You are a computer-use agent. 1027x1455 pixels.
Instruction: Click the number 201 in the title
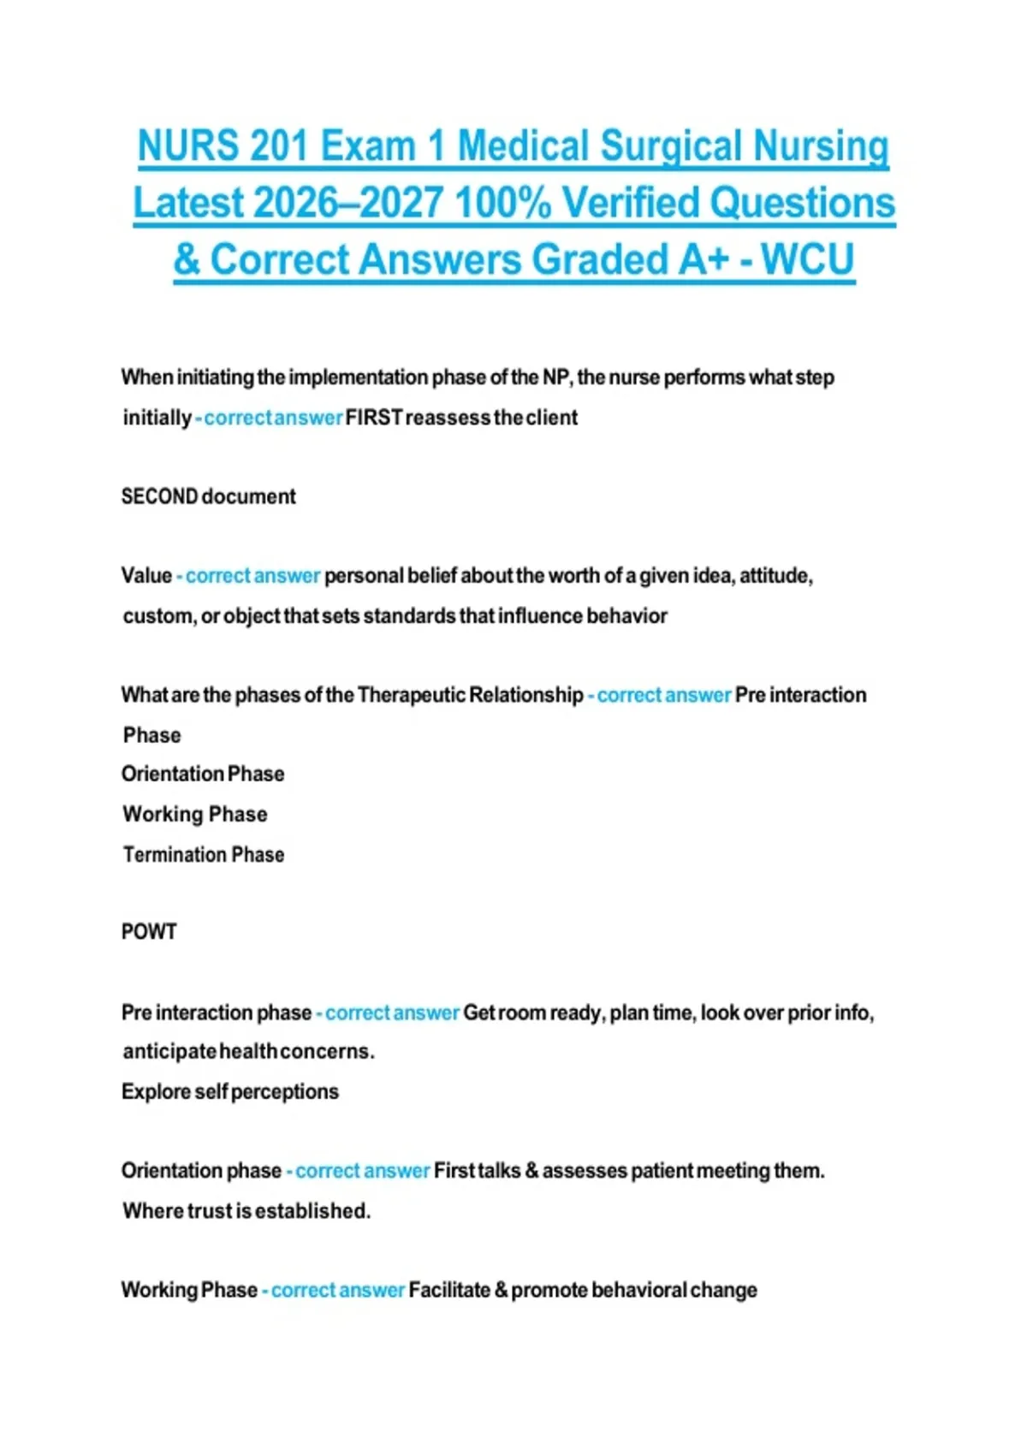point(279,145)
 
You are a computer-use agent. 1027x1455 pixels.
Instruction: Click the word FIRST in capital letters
point(374,418)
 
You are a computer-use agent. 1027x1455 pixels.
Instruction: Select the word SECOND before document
point(159,496)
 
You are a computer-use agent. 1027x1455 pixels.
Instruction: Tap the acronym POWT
point(149,931)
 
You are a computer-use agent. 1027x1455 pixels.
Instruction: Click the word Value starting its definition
point(146,575)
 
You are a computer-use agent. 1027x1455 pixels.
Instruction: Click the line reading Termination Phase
point(204,854)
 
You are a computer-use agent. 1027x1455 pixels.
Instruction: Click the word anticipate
point(169,1051)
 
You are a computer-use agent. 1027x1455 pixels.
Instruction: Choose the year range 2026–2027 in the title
point(348,203)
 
